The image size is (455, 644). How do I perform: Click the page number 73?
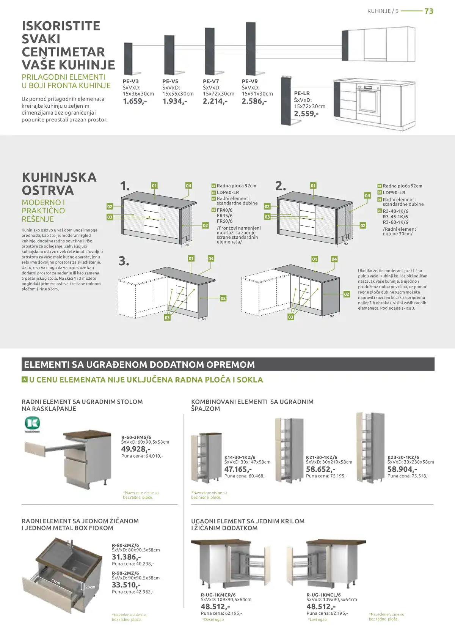click(x=429, y=11)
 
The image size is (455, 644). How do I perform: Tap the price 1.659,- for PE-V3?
click(x=135, y=101)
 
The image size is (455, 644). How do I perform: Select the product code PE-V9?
click(x=249, y=81)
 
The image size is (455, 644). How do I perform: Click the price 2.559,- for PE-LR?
click(x=306, y=113)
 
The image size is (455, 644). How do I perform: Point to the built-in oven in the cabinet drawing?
click(x=369, y=99)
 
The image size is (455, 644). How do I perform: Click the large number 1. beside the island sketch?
click(x=125, y=186)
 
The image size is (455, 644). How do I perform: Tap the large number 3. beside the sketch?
click(x=124, y=261)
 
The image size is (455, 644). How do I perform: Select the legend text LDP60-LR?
click(x=228, y=192)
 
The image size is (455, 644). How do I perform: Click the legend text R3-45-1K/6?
click(x=395, y=217)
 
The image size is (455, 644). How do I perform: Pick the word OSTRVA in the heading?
click(x=48, y=191)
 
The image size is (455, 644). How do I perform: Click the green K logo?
click(x=32, y=424)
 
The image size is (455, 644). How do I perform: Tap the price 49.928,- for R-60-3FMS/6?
click(x=136, y=449)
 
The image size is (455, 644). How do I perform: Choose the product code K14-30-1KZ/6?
click(x=240, y=457)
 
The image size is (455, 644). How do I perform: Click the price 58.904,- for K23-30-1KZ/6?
click(x=402, y=469)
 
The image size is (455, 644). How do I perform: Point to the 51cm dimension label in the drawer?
click(x=56, y=581)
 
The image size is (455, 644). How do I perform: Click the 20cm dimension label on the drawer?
click(x=90, y=587)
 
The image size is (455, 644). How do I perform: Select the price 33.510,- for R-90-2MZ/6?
click(x=126, y=585)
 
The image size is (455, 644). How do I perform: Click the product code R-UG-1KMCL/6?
click(x=323, y=595)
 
